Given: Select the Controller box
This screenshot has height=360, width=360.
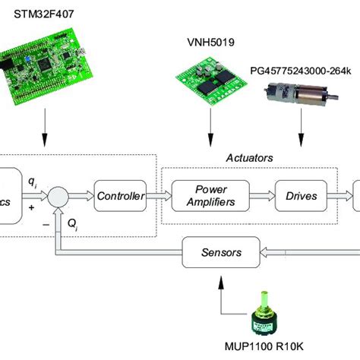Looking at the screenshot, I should click(x=120, y=196).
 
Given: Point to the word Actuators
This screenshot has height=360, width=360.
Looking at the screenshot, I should click(x=249, y=157).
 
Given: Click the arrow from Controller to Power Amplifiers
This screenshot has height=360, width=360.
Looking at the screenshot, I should click(x=158, y=196).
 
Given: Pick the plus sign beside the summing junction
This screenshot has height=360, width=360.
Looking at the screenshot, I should click(x=31, y=206).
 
